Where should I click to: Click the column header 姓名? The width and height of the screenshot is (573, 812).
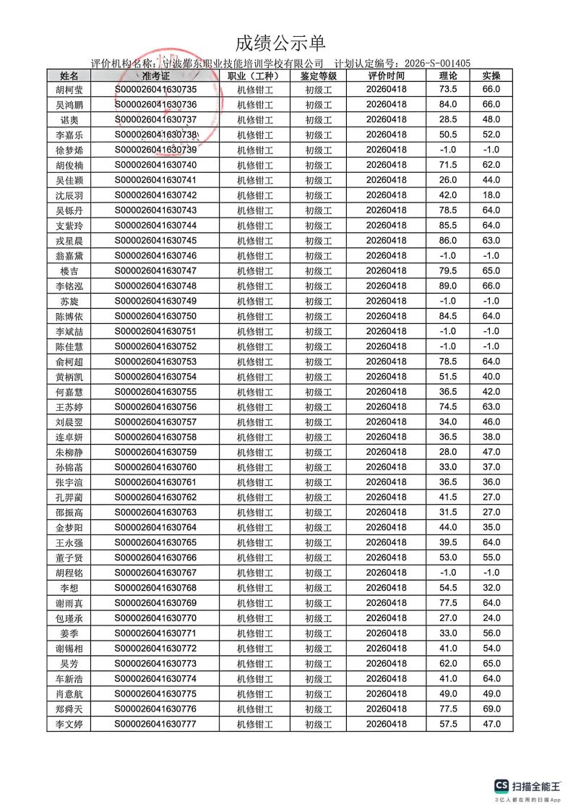point(69,75)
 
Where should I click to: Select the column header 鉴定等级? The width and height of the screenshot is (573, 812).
point(318,75)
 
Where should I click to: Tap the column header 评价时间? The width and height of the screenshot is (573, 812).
point(387,75)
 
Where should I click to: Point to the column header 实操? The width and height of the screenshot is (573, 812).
point(491,75)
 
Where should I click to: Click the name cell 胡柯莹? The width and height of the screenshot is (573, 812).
point(69,90)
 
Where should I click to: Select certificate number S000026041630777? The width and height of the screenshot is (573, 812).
point(156,724)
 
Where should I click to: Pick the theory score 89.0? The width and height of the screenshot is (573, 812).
point(448,286)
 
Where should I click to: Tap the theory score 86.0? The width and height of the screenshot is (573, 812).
point(448,240)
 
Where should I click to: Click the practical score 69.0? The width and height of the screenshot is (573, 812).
point(491,709)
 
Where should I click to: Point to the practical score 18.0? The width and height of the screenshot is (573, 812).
point(491,195)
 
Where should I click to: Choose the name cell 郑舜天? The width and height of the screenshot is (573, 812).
point(69,709)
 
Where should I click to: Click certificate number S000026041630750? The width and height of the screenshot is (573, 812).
point(156,316)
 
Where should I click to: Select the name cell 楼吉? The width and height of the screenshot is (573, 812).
point(69,270)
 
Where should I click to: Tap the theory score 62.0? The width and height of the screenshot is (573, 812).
point(448,663)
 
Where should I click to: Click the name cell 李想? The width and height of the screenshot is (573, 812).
point(69,588)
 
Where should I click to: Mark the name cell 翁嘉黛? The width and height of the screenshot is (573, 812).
point(69,255)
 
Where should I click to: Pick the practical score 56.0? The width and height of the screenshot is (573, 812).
point(491,633)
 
